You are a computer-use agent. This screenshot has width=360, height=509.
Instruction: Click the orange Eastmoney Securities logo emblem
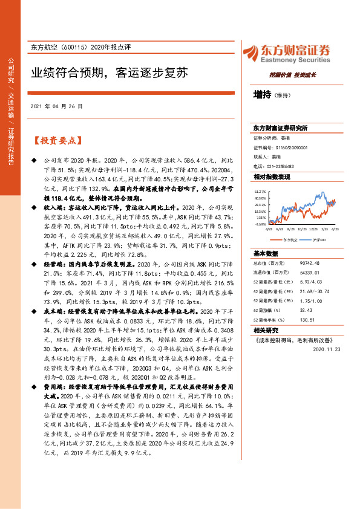point(250,53)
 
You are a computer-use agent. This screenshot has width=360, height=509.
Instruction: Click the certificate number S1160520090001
point(290,147)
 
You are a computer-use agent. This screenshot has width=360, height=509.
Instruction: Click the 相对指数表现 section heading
point(272,177)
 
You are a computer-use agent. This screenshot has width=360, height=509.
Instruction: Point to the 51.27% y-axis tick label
point(261,190)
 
